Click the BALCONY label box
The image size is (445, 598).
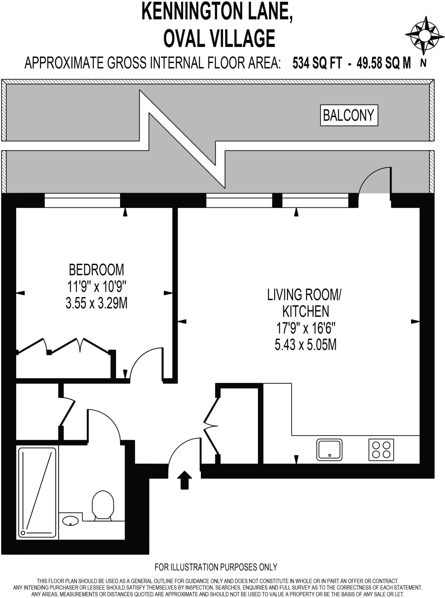[x=349, y=115]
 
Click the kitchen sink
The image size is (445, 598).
[x=329, y=450]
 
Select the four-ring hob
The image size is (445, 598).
[x=381, y=450]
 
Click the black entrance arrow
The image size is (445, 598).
[x=184, y=479]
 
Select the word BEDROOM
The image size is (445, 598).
[x=96, y=270]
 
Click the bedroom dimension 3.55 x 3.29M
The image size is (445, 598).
[x=96, y=303]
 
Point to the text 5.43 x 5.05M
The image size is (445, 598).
[x=306, y=345]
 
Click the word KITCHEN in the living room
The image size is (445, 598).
[x=306, y=312]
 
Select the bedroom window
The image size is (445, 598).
[x=82, y=200]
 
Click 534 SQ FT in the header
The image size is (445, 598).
[x=317, y=63]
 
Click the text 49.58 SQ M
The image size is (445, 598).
[x=383, y=63]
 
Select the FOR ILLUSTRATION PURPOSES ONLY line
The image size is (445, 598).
[x=216, y=567]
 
